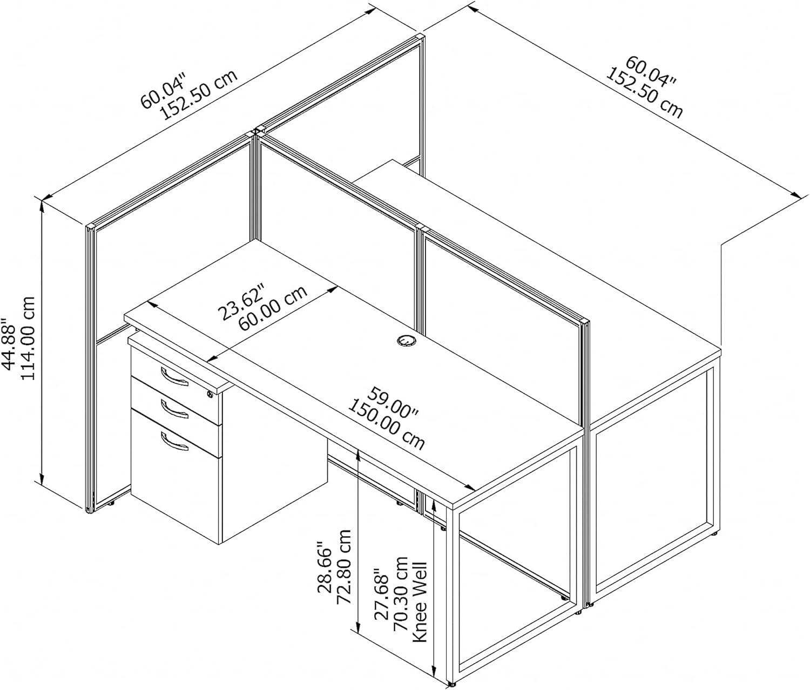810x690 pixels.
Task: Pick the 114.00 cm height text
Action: click(x=28, y=338)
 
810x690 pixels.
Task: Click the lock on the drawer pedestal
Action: click(x=211, y=395)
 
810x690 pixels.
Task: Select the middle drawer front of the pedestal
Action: click(x=174, y=402)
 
